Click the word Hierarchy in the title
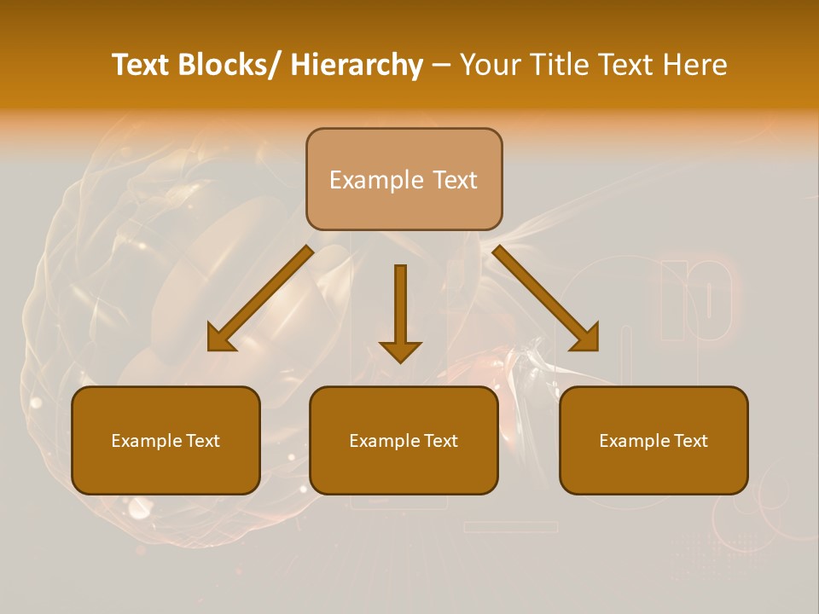[357, 65]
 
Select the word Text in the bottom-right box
[689, 441]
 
